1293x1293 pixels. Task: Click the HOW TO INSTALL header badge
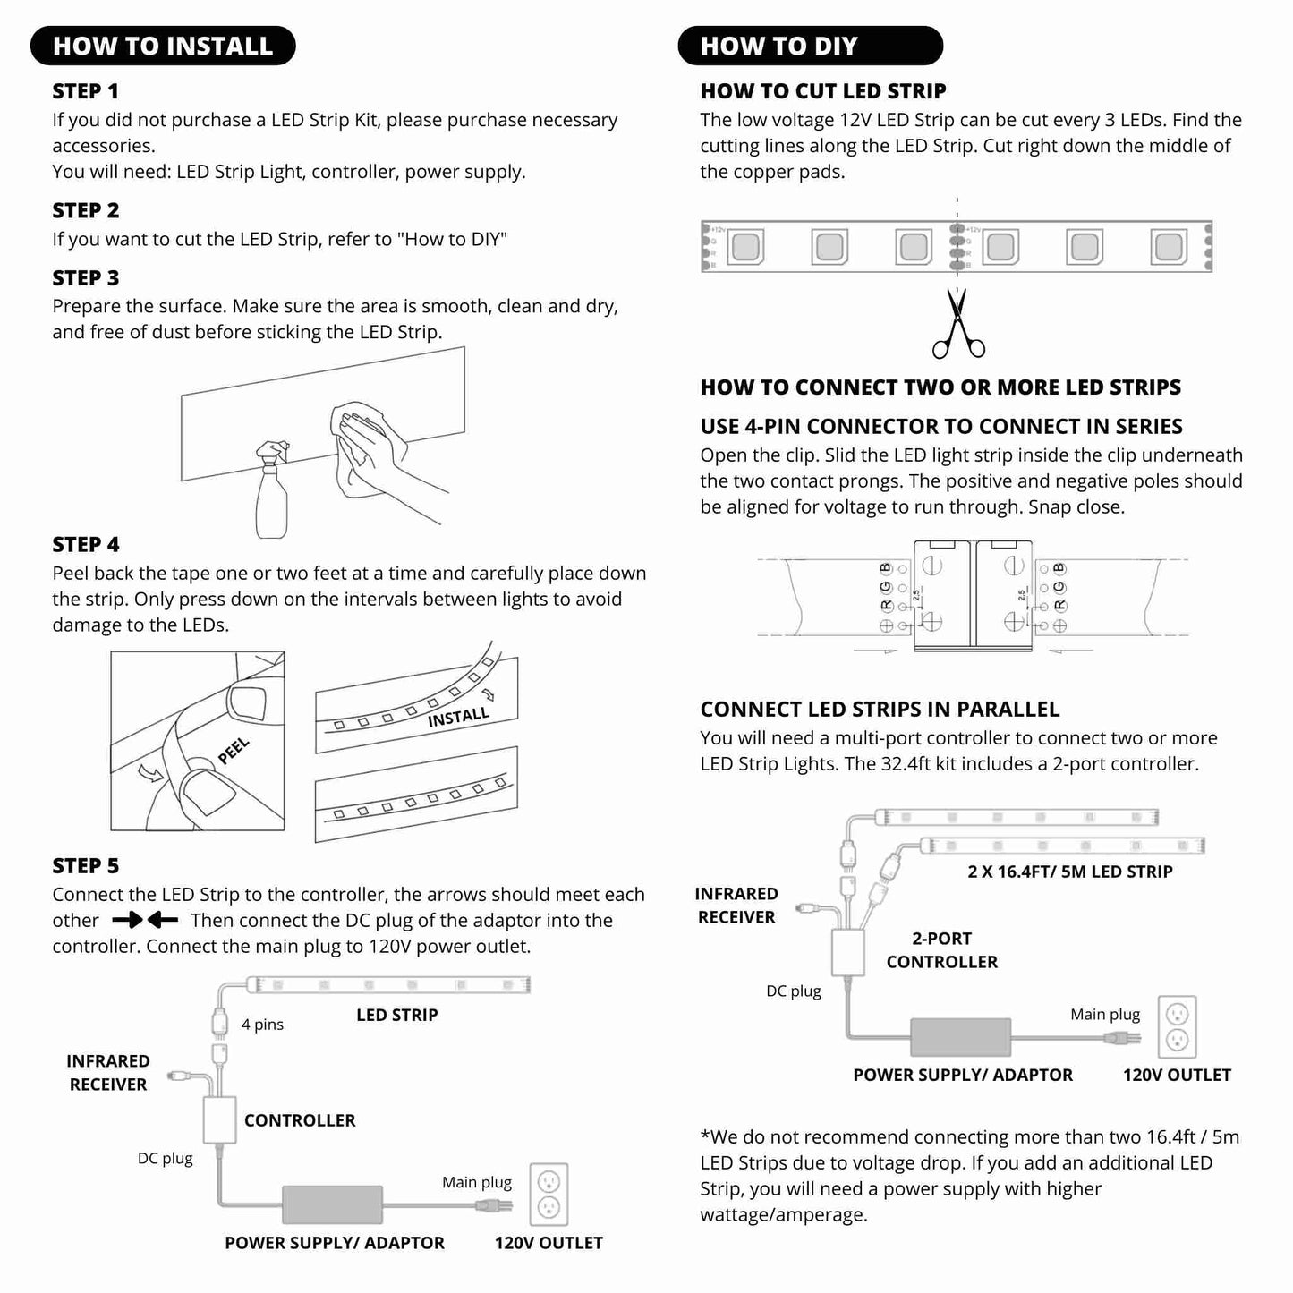point(163,47)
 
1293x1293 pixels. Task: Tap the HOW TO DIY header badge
point(810,47)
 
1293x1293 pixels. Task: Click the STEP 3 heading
point(86,278)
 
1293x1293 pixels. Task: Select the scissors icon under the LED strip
point(957,324)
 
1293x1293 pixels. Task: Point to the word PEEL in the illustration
point(234,751)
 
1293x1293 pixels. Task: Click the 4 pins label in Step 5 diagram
point(262,1025)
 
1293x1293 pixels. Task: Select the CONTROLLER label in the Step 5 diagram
point(300,1120)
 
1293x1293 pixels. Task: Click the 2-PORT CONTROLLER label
point(941,950)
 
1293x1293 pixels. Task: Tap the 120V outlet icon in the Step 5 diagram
point(549,1195)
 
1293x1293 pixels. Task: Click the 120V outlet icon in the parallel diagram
point(1177,1026)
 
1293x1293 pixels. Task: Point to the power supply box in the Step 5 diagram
point(333,1204)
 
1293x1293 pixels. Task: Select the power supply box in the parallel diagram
point(961,1037)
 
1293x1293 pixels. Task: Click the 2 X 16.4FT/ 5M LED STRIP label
point(1069,872)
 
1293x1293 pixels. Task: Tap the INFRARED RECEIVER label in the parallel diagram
point(736,906)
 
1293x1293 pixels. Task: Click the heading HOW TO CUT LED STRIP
point(823,91)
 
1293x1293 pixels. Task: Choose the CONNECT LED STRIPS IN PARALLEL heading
point(880,710)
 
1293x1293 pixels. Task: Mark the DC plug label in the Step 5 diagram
point(166,1158)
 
